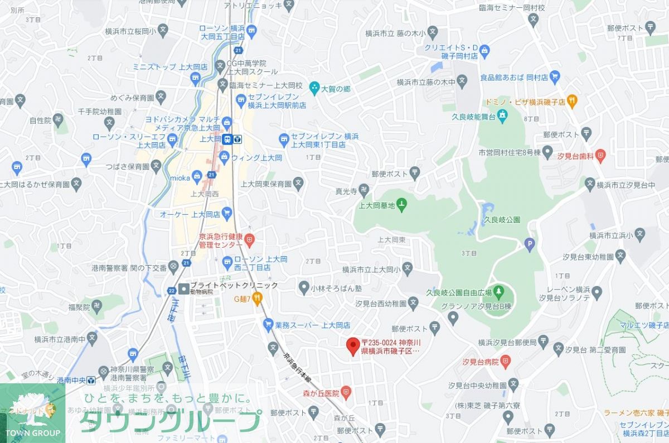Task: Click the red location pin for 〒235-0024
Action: pos(352,346)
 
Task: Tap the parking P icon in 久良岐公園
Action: pos(530,243)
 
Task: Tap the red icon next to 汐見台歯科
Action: pos(600,155)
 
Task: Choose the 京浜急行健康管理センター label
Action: pos(221,240)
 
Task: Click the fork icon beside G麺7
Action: pos(257,299)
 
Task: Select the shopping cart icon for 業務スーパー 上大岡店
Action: pos(268,324)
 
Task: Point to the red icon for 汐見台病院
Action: pos(505,362)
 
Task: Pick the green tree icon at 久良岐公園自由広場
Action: pos(498,291)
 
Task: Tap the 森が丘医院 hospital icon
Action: pos(346,393)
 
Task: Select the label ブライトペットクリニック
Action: pos(234,285)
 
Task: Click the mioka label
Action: pos(180,178)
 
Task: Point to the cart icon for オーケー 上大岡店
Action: pos(226,213)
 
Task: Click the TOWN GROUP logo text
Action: pos(32,433)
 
